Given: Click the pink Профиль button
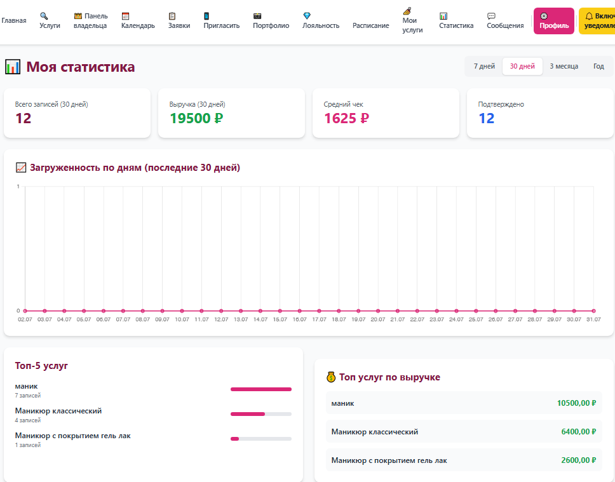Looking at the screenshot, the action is point(553,21).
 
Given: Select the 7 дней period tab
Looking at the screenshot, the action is point(484,66).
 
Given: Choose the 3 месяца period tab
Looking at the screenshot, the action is point(564,66).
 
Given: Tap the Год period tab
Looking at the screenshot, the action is point(598,66).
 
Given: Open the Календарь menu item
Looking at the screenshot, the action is point(138,21).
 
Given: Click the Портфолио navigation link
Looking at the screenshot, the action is point(271,21).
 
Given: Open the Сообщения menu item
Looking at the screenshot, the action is point(505,21).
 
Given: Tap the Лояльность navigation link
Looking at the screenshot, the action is point(320,21).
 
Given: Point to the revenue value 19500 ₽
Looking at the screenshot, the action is point(196,118).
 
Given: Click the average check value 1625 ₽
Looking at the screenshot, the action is point(346,118).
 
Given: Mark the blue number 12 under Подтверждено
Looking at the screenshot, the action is point(487,118).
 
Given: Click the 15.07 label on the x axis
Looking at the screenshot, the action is point(280,319).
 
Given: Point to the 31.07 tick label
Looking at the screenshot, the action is point(593,319).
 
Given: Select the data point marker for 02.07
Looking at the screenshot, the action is point(25,311).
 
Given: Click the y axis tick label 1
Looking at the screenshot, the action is point(18,186).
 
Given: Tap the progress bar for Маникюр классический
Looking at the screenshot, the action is point(261,414).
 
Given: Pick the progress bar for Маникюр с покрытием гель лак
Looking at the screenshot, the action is point(261,439).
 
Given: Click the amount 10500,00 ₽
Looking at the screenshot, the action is point(576,403).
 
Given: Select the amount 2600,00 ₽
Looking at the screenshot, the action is point(579,460).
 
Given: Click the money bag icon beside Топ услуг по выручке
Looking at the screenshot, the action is point(331,377).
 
